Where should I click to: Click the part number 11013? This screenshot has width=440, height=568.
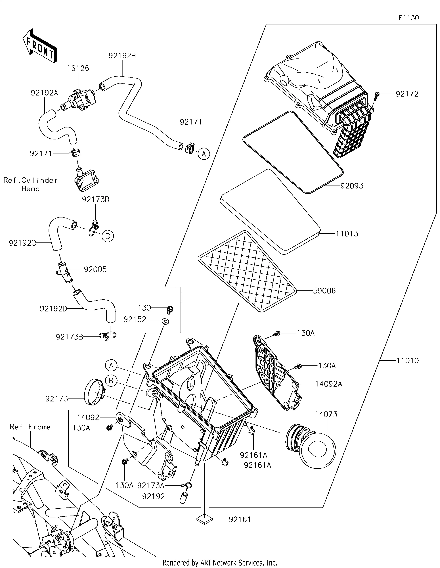[x=347, y=234]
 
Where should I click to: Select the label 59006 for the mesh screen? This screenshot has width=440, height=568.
[x=324, y=291]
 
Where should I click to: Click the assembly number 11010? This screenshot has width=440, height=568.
[x=407, y=361]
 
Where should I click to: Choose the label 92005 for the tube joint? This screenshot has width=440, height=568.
[x=95, y=269]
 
